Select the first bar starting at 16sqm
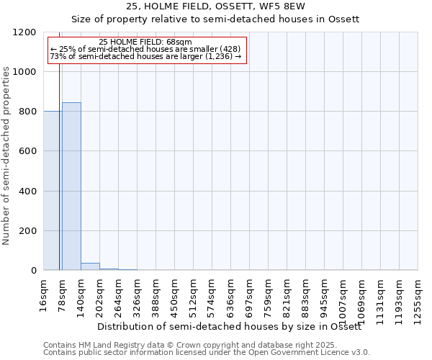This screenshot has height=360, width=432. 52,191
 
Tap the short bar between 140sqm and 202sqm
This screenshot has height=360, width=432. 90,266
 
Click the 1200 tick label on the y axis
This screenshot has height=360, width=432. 24,32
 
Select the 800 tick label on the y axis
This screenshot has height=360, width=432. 27,112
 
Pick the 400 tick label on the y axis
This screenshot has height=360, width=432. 27,192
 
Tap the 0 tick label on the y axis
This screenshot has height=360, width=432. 33,271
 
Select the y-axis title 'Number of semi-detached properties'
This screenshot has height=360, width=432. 6,152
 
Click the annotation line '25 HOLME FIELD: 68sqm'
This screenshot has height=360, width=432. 145,42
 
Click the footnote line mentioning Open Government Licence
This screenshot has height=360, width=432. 207,353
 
